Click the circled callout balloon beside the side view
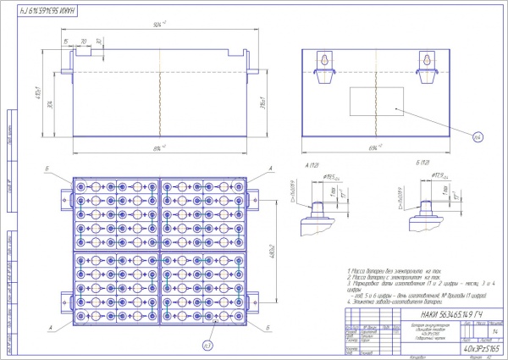click(x=476, y=136)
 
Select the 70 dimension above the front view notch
click(x=83, y=41)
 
